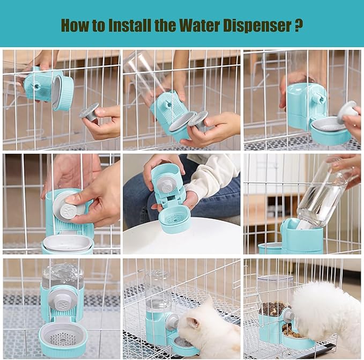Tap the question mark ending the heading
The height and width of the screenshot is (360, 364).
299,25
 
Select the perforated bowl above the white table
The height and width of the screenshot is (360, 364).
175,219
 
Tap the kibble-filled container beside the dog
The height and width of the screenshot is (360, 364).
274,300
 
